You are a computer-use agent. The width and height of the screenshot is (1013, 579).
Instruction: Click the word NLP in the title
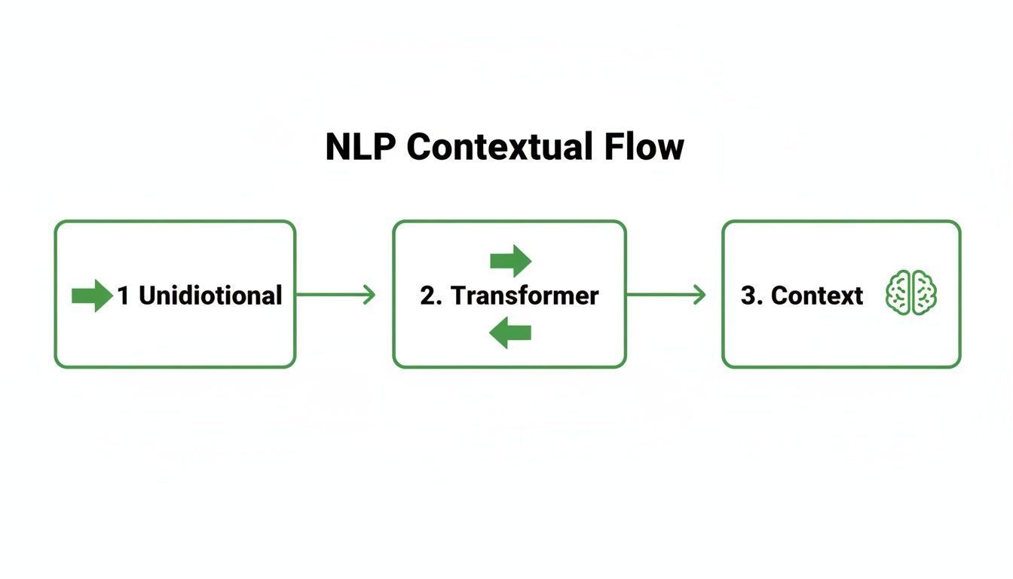click(360, 146)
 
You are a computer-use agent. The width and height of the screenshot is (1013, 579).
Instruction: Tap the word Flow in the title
click(644, 146)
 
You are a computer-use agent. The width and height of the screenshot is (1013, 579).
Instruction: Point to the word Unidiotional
click(210, 296)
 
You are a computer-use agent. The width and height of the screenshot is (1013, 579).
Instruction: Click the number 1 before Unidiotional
click(124, 296)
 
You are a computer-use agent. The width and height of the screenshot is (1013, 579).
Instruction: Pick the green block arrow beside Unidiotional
click(91, 296)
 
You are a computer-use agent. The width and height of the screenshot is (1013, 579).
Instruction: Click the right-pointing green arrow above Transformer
click(510, 261)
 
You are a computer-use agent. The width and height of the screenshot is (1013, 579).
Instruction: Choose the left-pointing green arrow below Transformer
click(510, 332)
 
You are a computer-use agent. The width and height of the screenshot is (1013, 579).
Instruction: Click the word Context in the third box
click(817, 296)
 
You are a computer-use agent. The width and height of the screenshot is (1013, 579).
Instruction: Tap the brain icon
click(912, 293)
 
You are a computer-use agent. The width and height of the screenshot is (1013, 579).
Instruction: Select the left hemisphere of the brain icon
click(899, 293)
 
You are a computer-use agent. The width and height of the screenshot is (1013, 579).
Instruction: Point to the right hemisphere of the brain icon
click(925, 293)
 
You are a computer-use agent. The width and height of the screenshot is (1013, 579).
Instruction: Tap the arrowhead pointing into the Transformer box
click(369, 295)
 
